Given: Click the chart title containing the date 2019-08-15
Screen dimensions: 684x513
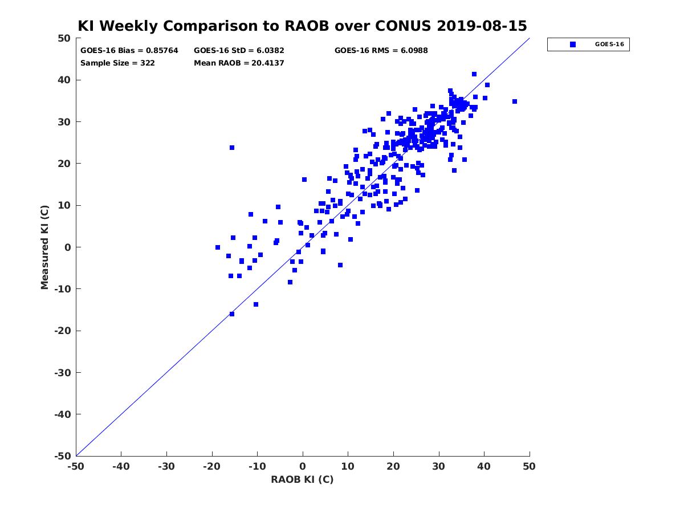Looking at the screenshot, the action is pos(302,26).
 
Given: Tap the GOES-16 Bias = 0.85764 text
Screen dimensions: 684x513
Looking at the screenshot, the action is pos(129,51).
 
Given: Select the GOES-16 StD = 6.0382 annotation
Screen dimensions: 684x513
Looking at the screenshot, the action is pos(239,51).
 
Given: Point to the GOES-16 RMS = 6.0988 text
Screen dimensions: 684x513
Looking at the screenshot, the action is pos(381,51).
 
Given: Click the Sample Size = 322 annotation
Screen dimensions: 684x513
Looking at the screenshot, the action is pos(117,63).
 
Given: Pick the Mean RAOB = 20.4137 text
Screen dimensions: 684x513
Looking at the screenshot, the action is pos(239,63).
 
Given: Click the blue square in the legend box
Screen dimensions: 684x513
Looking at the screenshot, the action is pos(572,44).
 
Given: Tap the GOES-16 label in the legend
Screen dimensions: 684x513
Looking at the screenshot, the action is pos(609,44).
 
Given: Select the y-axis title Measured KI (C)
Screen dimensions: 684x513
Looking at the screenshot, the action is pos(44,247).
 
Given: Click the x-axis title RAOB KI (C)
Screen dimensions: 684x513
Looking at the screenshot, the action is pos(302,479).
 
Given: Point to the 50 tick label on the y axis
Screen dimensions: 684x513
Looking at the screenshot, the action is pos(64,38).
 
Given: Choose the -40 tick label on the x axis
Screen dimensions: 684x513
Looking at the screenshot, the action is pos(121,466).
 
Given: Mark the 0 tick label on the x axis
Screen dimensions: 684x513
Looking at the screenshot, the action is pos(303,466).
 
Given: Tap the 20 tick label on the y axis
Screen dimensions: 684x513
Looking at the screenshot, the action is pos(64,164).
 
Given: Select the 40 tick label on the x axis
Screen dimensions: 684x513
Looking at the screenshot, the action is pos(484,466).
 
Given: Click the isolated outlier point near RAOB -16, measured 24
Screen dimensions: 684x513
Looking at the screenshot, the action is pos(232,148).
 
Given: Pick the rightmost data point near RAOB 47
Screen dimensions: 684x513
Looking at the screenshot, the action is pos(515,101).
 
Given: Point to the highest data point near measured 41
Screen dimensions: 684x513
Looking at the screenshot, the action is pos(474,74).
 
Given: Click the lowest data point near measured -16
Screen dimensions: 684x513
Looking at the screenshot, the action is pos(232,314).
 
